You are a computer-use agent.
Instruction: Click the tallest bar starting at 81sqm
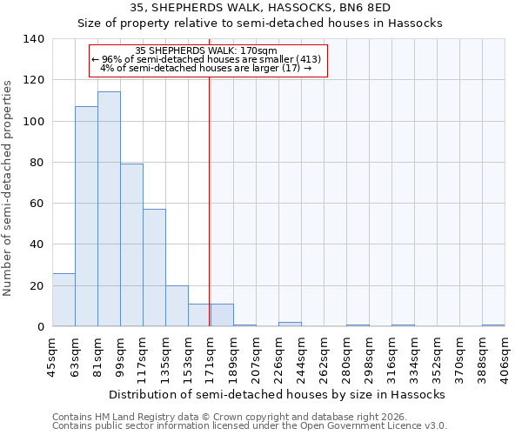[109, 209]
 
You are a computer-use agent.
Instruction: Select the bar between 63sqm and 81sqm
[86, 217]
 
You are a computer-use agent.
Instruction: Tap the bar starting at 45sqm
[64, 300]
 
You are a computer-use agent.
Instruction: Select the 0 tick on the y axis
[40, 327]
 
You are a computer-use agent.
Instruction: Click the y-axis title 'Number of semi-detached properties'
[8, 187]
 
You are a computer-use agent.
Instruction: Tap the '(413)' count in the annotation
[309, 59]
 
